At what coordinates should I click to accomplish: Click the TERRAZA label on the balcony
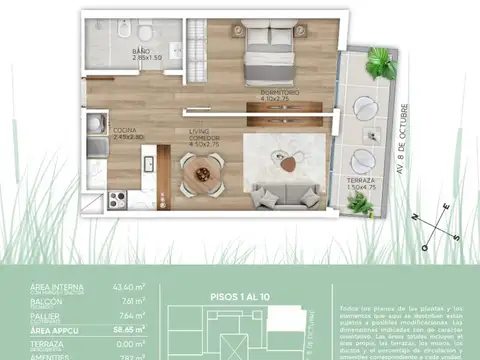point(361,179)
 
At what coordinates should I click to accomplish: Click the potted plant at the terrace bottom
point(361,206)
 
